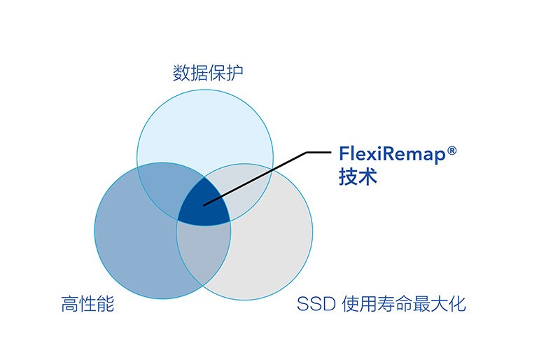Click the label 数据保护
tap(208, 73)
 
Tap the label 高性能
tap(87, 305)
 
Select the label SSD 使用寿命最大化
tap(381, 305)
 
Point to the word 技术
tap(358, 176)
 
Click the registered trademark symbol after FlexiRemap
tap(452, 149)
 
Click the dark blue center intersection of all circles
tap(204, 203)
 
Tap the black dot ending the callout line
tap(204, 205)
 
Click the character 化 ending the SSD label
tap(457, 305)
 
